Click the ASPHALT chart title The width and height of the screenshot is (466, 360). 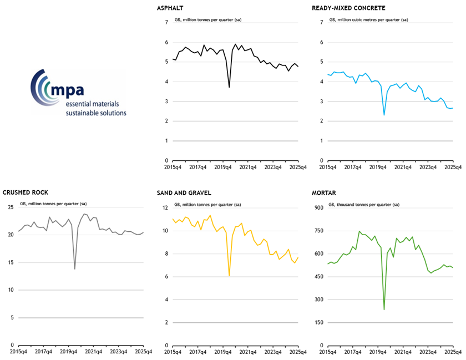click(x=171, y=8)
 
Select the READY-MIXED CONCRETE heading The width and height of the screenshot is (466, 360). click(x=349, y=8)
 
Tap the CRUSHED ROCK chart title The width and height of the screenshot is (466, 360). click(x=26, y=192)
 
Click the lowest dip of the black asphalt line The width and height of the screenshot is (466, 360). click(x=229, y=87)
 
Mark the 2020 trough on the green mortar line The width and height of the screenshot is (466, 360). click(x=384, y=309)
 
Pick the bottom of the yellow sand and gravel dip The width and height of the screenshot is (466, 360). click(x=229, y=275)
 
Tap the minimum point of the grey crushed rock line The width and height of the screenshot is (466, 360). click(x=75, y=268)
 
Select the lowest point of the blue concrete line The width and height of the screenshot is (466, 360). click(x=384, y=115)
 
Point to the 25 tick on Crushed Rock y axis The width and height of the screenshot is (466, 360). click(x=11, y=207)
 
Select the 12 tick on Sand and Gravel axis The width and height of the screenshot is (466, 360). click(x=165, y=208)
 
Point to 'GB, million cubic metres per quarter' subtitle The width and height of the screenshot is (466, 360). click(x=368, y=20)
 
